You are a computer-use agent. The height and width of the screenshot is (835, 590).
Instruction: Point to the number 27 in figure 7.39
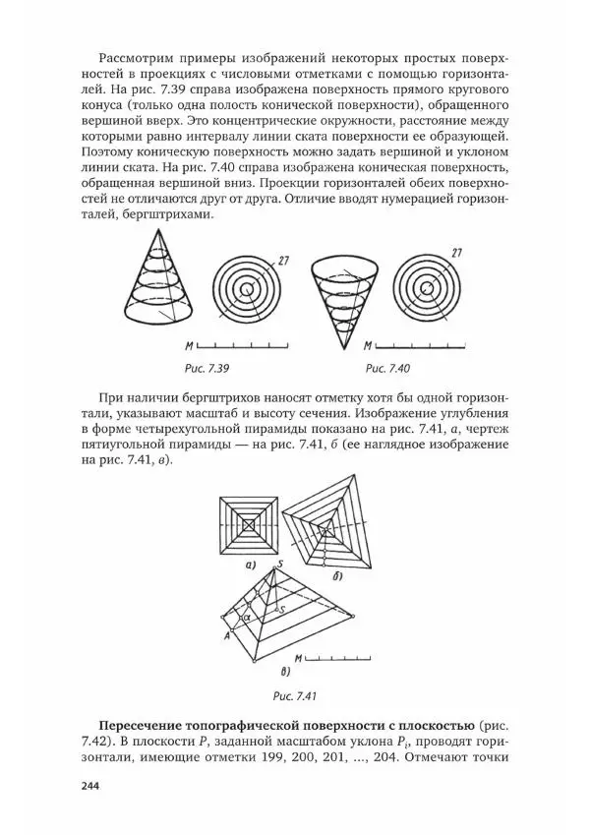282,260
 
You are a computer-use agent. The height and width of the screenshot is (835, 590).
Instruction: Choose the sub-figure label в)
285,673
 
